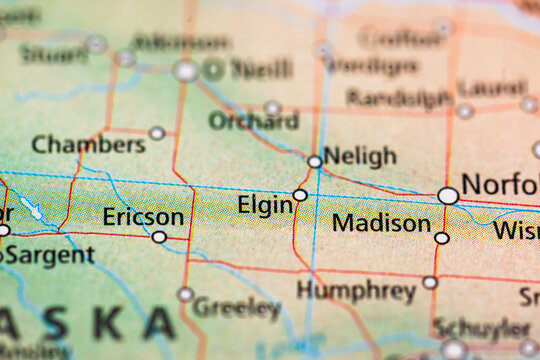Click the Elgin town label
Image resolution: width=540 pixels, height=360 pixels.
(x=265, y=205)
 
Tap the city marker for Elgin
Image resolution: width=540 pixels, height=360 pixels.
(x=300, y=195)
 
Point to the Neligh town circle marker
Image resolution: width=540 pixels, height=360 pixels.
(x=315, y=161)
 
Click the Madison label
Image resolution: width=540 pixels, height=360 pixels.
(x=381, y=223)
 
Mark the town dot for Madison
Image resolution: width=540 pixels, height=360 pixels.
(x=442, y=238)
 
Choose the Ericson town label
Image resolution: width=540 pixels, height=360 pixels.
(x=143, y=217)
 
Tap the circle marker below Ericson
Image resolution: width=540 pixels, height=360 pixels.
(x=159, y=237)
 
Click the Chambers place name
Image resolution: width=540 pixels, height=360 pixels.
(x=88, y=145)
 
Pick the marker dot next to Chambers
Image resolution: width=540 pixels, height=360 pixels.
(x=157, y=132)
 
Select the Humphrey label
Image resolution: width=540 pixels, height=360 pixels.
(x=356, y=291)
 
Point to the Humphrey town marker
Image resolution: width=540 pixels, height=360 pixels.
(x=430, y=282)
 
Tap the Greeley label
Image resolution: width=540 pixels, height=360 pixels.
(x=236, y=307)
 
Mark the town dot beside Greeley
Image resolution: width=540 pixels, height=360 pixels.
(x=185, y=294)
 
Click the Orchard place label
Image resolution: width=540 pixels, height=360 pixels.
(x=253, y=121)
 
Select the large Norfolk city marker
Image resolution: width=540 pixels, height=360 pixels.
(x=449, y=195)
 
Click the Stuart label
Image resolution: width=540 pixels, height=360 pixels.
(x=52, y=53)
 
